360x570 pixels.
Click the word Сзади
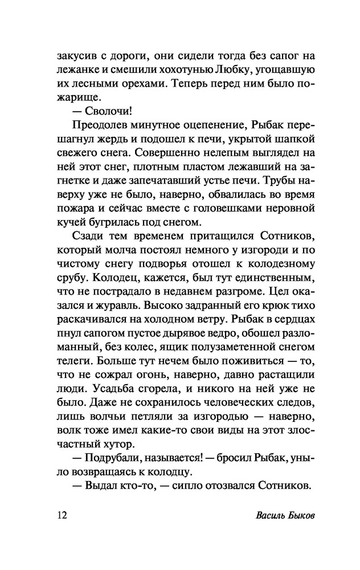pos(87,237)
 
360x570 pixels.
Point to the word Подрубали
pos(109,458)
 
